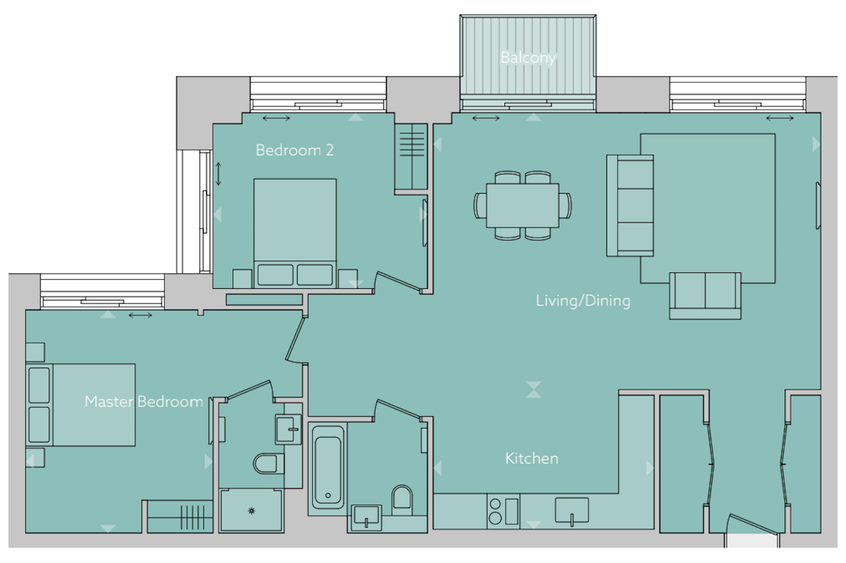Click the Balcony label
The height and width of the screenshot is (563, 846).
click(528, 58)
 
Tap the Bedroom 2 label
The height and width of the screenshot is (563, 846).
click(295, 150)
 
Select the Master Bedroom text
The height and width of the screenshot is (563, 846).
click(144, 401)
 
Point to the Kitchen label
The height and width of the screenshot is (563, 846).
click(531, 458)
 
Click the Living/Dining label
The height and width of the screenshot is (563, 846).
click(583, 301)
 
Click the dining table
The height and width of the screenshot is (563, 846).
click(522, 205)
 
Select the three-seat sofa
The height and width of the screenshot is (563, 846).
click(630, 205)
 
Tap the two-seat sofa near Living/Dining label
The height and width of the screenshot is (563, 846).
click(705, 296)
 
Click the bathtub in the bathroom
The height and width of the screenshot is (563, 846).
click(328, 470)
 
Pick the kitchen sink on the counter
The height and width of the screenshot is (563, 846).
click(572, 510)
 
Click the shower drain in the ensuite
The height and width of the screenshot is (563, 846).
click(251, 511)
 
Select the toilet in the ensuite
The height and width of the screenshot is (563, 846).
click(268, 463)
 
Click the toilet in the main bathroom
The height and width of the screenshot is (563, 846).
click(402, 501)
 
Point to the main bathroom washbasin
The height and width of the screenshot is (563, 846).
click(366, 518)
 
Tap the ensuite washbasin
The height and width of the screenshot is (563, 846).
click(289, 429)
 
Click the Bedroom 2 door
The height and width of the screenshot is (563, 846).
click(397, 281)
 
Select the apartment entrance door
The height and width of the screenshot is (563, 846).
click(753, 525)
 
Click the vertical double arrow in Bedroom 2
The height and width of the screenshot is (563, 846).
click(218, 174)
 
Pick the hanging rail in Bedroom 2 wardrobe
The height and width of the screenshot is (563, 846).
click(412, 156)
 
